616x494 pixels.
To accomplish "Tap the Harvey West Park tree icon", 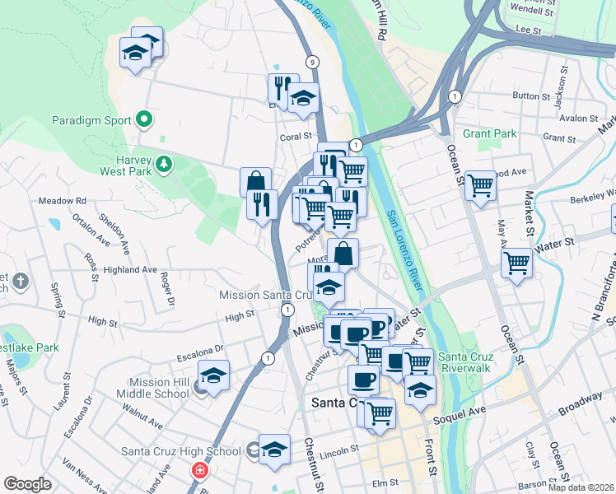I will point(164,164).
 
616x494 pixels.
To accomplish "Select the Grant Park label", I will point(489,133).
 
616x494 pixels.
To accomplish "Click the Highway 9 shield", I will point(312,62).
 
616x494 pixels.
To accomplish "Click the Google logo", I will point(27,484).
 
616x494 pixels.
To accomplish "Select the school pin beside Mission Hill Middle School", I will point(213,375).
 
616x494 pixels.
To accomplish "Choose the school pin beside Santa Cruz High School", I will point(274,449).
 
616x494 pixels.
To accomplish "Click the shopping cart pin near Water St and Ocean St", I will point(516,263).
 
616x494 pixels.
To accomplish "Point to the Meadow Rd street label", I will point(63,201).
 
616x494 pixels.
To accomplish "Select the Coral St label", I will point(297,137).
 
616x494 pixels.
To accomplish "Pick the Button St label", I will point(525,96).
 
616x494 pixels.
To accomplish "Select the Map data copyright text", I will point(580,487).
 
